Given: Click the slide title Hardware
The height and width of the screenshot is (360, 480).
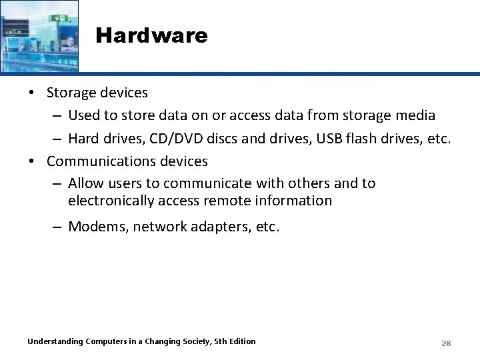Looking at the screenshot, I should (151, 35).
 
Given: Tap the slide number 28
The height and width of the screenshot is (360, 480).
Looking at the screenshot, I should (446, 343).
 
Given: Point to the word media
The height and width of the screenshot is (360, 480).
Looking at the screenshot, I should (415, 115).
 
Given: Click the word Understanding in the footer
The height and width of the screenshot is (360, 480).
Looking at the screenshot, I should (55, 341).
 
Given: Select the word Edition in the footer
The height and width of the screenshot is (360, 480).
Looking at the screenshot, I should (241, 341).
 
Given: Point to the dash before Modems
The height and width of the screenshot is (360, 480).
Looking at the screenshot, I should (58, 227).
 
